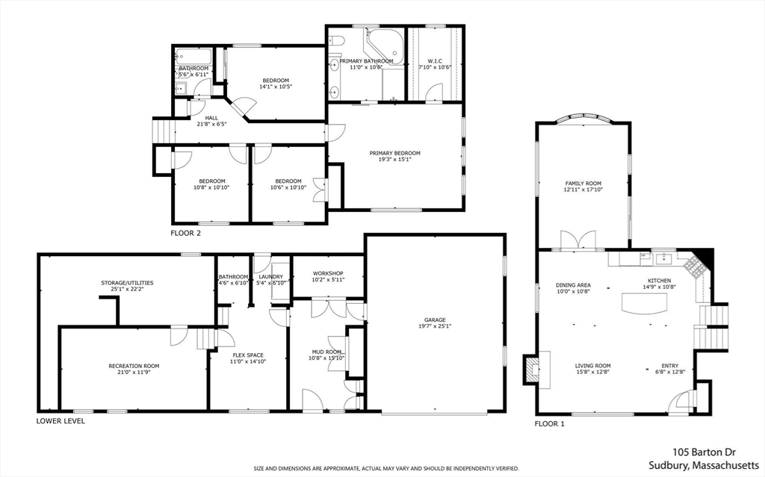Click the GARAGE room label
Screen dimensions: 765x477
434,320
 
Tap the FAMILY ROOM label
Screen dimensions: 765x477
583,184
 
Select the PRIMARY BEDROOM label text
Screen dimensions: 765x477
394,153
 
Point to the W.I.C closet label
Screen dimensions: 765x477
435,61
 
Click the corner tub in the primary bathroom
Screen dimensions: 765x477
386,47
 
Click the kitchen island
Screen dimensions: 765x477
644,304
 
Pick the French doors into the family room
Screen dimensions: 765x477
578,241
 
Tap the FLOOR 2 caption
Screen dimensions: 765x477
185,233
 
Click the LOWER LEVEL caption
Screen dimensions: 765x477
61,421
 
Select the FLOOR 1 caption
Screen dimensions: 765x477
549,424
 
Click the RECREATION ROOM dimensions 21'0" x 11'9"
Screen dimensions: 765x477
134,372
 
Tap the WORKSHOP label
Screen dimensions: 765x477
328,274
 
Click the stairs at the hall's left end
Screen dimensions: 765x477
164,131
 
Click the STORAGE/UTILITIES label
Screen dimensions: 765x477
127,283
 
